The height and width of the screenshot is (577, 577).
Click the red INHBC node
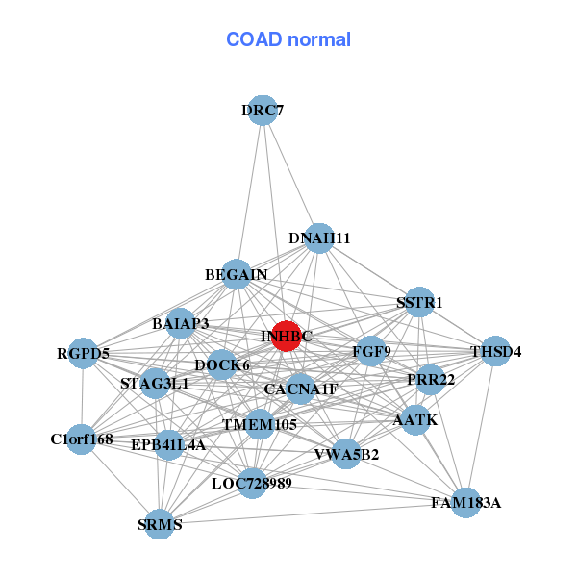pos(286,336)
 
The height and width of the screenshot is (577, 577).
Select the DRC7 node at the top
pos(263,111)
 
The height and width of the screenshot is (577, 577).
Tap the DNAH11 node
pos(319,238)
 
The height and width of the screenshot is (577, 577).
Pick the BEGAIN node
pos(237,275)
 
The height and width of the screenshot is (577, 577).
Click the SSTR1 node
pos(419,303)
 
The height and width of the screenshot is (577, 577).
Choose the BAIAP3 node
pos(181,324)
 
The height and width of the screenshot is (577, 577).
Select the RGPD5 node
pos(83,354)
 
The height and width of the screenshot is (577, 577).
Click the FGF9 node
pos(371,351)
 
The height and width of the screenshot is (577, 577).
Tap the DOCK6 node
pos(222,365)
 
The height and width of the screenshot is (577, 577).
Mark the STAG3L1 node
pos(155,384)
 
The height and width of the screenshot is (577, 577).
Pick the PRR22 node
pos(431,380)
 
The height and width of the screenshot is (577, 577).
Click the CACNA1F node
pos(301,389)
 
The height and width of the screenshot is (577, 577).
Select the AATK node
pos(415,420)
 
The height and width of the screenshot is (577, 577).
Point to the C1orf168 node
pos(82,439)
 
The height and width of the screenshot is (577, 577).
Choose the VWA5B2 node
pos(346,454)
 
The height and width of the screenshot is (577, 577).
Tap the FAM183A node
pos(465,502)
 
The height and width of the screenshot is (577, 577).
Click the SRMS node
pos(160,524)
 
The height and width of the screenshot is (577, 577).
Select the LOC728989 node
pos(252,483)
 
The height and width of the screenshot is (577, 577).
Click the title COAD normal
pos(288,39)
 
